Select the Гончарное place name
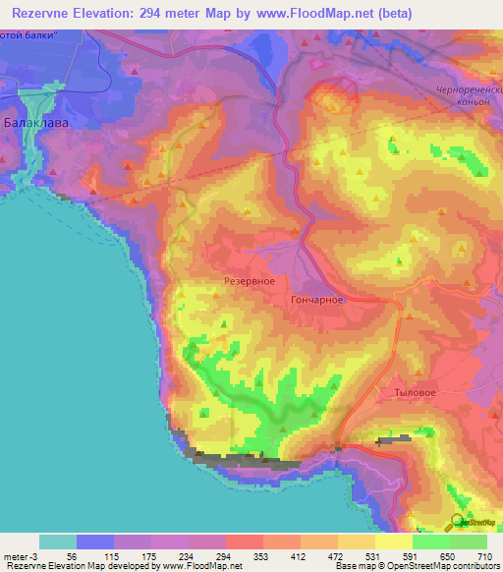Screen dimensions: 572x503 coord(316,301)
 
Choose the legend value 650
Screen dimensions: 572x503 coord(439,555)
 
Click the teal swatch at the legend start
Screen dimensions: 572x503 coord(57,542)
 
